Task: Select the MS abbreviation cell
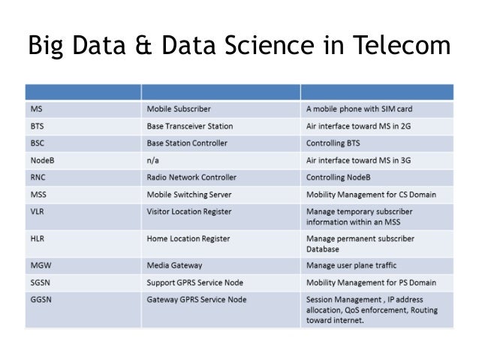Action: (37, 109)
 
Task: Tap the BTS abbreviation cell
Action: (38, 126)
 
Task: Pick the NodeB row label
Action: (44, 160)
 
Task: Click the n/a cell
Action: (153, 160)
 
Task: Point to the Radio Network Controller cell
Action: (191, 177)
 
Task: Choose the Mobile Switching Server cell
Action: (189, 195)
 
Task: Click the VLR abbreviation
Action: (39, 211)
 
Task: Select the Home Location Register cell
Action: (188, 239)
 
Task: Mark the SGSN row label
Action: (41, 283)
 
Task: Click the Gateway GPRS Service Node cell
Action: (197, 299)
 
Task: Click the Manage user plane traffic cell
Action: (351, 265)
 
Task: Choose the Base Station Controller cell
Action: (187, 143)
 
